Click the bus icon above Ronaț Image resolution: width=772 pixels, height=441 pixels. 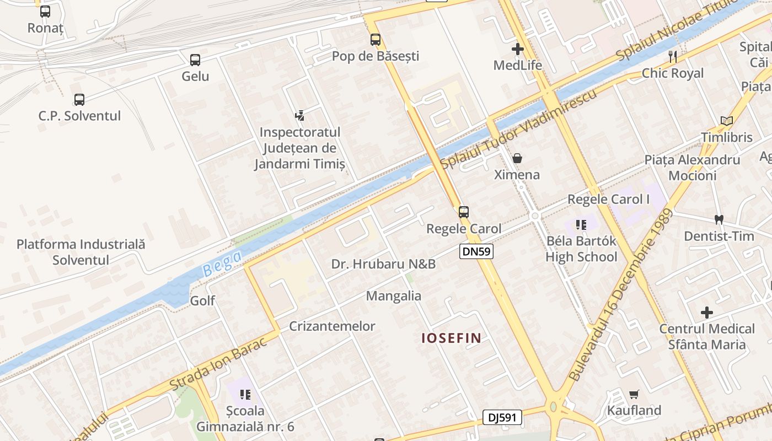(x=45, y=11)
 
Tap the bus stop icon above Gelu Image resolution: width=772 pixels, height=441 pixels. (x=195, y=60)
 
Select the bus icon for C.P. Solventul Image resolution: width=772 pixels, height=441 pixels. (x=79, y=100)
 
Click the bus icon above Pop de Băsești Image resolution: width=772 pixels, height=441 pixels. (x=376, y=40)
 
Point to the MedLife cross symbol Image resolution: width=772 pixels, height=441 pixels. (x=517, y=49)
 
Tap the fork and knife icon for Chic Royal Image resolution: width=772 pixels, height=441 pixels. (x=672, y=56)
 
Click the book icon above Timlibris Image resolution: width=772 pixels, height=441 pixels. (x=727, y=121)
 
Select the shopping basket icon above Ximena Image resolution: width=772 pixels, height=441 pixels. (x=517, y=159)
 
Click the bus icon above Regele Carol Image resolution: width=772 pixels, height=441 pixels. (x=464, y=212)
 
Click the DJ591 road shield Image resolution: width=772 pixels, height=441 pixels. (x=502, y=417)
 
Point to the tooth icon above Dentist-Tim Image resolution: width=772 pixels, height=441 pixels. (x=719, y=219)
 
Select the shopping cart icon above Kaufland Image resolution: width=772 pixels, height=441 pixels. (x=634, y=394)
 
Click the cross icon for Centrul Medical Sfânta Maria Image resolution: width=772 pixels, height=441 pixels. (x=707, y=313)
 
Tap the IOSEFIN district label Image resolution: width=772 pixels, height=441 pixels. (x=452, y=338)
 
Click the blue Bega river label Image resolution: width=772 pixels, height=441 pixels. (x=222, y=263)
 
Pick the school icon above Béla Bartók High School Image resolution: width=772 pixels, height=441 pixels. (x=581, y=224)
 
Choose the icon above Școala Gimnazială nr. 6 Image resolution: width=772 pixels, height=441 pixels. (x=245, y=394)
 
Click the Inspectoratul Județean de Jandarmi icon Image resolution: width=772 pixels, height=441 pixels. (x=299, y=116)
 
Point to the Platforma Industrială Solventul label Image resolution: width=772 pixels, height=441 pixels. (x=81, y=252)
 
